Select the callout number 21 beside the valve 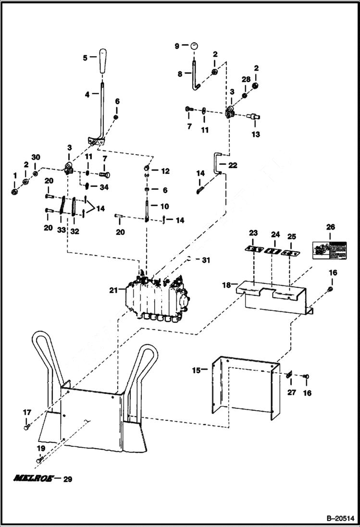(113, 290)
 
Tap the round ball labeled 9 (194, 46)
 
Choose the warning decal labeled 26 (330, 250)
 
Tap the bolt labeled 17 (26, 426)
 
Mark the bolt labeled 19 (40, 460)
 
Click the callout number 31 (206, 260)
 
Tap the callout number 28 (245, 79)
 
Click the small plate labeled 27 (289, 376)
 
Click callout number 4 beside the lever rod (87, 95)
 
